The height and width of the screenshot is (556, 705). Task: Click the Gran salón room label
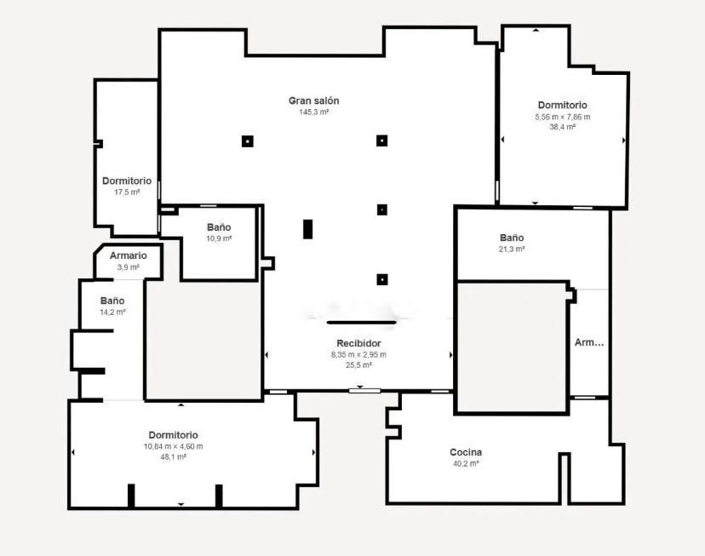pos(313,100)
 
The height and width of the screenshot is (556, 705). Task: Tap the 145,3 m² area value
pos(313,112)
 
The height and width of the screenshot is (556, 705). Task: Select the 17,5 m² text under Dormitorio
pos(127,192)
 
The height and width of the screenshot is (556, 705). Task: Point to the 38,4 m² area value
pos(562,126)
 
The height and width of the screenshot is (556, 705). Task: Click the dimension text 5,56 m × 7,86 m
pos(562,117)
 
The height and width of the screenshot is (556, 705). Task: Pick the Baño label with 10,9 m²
pos(219,227)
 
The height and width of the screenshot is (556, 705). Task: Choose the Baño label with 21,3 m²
pos(512,238)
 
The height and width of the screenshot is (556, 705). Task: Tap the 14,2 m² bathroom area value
pos(112,312)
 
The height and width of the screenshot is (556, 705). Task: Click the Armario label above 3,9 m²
pos(129,255)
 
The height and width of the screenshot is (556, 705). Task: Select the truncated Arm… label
pos(589,342)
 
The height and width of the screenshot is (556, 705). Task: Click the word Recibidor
pos(358,343)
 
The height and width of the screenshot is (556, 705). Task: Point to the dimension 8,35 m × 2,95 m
pos(358,354)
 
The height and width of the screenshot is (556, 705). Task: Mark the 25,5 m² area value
pos(358,364)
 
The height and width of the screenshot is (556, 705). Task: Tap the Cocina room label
pos(466,452)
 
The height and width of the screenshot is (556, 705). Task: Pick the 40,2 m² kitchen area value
pos(466,463)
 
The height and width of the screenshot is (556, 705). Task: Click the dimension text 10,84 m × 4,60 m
pos(173,446)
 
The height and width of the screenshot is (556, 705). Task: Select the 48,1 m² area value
pos(173,456)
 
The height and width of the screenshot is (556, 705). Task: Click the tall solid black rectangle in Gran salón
pos(307,229)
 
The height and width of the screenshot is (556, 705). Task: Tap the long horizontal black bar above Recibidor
pos(362,323)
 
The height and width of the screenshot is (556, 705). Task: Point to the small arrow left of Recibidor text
pos(267,354)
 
